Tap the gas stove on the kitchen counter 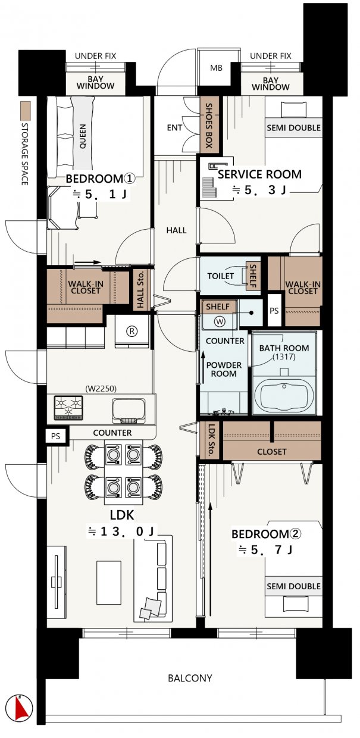(68, 408)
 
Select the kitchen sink (129, 411)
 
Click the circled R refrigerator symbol (132, 331)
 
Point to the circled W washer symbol (220, 321)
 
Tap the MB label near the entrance (216, 68)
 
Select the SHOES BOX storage (209, 125)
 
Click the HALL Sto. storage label (140, 289)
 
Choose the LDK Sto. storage (211, 440)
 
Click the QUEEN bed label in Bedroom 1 (83, 136)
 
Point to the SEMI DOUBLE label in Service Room (293, 128)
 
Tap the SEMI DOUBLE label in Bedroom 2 (293, 586)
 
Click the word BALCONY (190, 678)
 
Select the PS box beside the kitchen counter (56, 436)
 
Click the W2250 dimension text (101, 389)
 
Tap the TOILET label (220, 276)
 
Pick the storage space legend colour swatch (26, 111)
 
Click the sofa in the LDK (154, 578)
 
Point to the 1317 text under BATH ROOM (284, 357)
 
